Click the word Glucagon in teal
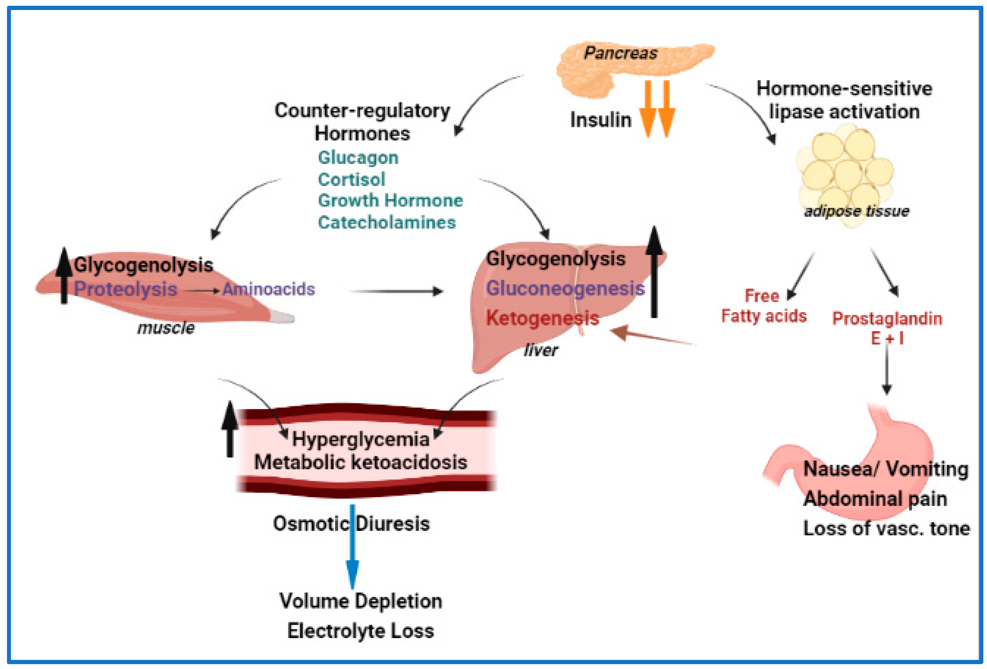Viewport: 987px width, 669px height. click(358, 158)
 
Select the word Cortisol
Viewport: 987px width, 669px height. click(351, 179)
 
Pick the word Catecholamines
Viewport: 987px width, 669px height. click(386, 222)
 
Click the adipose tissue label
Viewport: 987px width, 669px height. click(857, 211)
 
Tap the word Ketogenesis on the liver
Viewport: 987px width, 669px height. click(542, 318)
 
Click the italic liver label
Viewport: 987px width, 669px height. click(541, 350)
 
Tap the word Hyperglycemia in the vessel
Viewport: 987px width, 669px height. click(361, 439)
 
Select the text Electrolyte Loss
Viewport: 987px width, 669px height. click(361, 631)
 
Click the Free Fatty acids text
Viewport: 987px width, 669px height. click(763, 306)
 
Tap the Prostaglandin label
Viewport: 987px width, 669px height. click(887, 319)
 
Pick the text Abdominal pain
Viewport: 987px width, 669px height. click(875, 499)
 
